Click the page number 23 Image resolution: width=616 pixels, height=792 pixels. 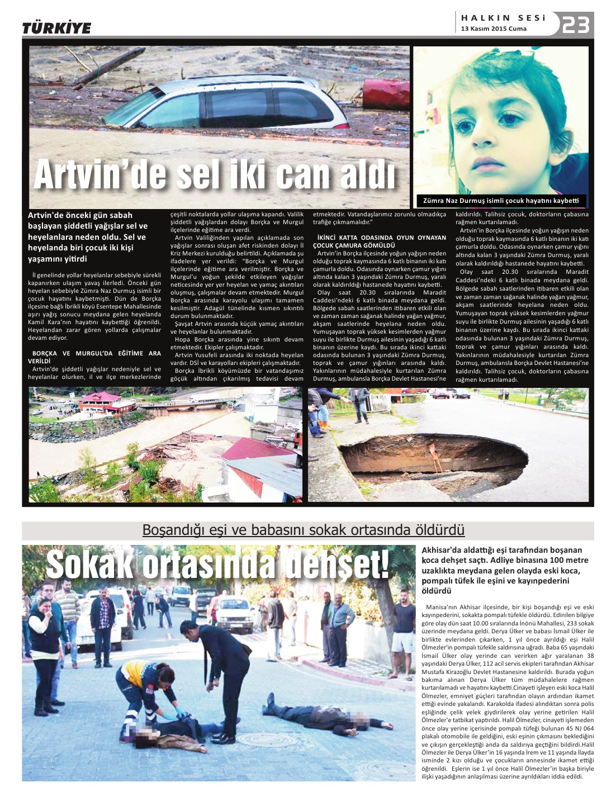coord(576,25)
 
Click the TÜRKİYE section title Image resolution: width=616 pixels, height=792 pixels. coord(56,28)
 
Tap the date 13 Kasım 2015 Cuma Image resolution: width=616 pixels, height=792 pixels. coord(494,29)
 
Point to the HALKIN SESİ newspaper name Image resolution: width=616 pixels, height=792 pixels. coord(503,18)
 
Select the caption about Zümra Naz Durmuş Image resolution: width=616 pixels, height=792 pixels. coord(501,201)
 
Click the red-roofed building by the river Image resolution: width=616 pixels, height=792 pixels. coord(101,401)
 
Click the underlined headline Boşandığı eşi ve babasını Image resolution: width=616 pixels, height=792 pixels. coord(304,529)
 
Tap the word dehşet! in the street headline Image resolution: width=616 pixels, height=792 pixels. coord(337,565)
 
